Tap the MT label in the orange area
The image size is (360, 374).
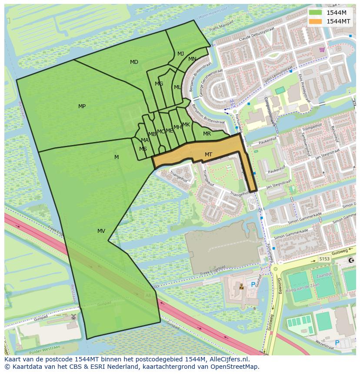coord(208,155)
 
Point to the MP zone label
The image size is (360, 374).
coord(82,106)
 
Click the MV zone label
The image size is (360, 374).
coord(101,231)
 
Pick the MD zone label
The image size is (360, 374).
coord(134,62)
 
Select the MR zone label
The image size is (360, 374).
coord(207,134)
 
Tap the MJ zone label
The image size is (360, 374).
coord(180,54)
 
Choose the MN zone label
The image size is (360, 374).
coord(192,59)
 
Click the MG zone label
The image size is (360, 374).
coord(159,84)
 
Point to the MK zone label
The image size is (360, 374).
coord(186,125)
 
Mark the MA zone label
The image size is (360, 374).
coord(145,140)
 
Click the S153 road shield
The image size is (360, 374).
coord(324,259)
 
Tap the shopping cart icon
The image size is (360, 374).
coord(322,50)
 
